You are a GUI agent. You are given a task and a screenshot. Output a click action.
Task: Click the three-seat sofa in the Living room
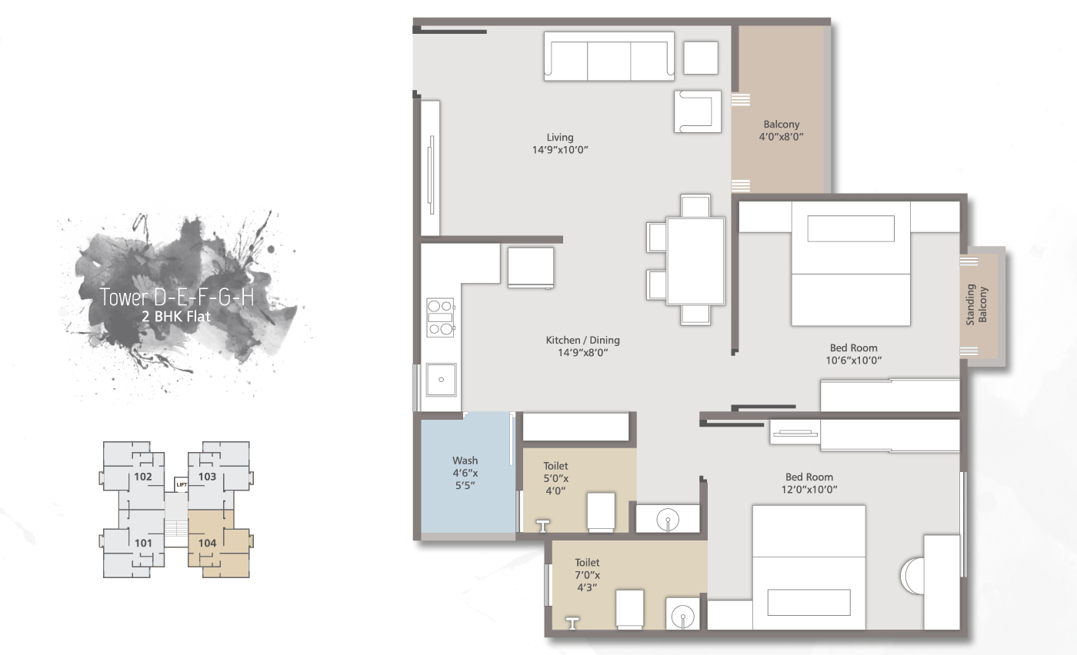(x=609, y=56)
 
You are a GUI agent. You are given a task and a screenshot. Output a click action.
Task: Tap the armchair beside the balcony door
(x=698, y=111)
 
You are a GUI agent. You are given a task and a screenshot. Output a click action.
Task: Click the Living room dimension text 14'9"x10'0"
(x=560, y=150)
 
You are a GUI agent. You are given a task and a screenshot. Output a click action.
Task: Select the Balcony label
(x=781, y=125)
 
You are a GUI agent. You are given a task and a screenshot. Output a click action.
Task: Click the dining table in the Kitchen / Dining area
(x=695, y=261)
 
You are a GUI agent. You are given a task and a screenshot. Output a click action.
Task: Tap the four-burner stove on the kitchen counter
(x=441, y=318)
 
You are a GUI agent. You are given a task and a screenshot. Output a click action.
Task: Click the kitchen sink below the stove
(x=442, y=379)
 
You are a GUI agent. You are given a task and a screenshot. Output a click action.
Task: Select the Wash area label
(x=465, y=461)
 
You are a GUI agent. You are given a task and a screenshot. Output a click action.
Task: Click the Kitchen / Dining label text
(x=582, y=340)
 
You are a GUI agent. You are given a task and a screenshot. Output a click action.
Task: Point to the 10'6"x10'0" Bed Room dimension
(x=853, y=360)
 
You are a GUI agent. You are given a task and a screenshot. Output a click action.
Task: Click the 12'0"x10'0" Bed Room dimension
(x=809, y=489)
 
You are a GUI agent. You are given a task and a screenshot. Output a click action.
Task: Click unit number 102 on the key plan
(x=142, y=477)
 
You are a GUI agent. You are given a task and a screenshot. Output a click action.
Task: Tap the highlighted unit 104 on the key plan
(x=207, y=543)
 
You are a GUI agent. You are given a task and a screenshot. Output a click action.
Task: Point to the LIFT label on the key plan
(x=182, y=484)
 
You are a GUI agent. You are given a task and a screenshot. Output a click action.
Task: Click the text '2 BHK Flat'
(x=176, y=316)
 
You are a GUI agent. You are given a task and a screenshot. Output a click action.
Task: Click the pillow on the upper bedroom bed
(x=851, y=228)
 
